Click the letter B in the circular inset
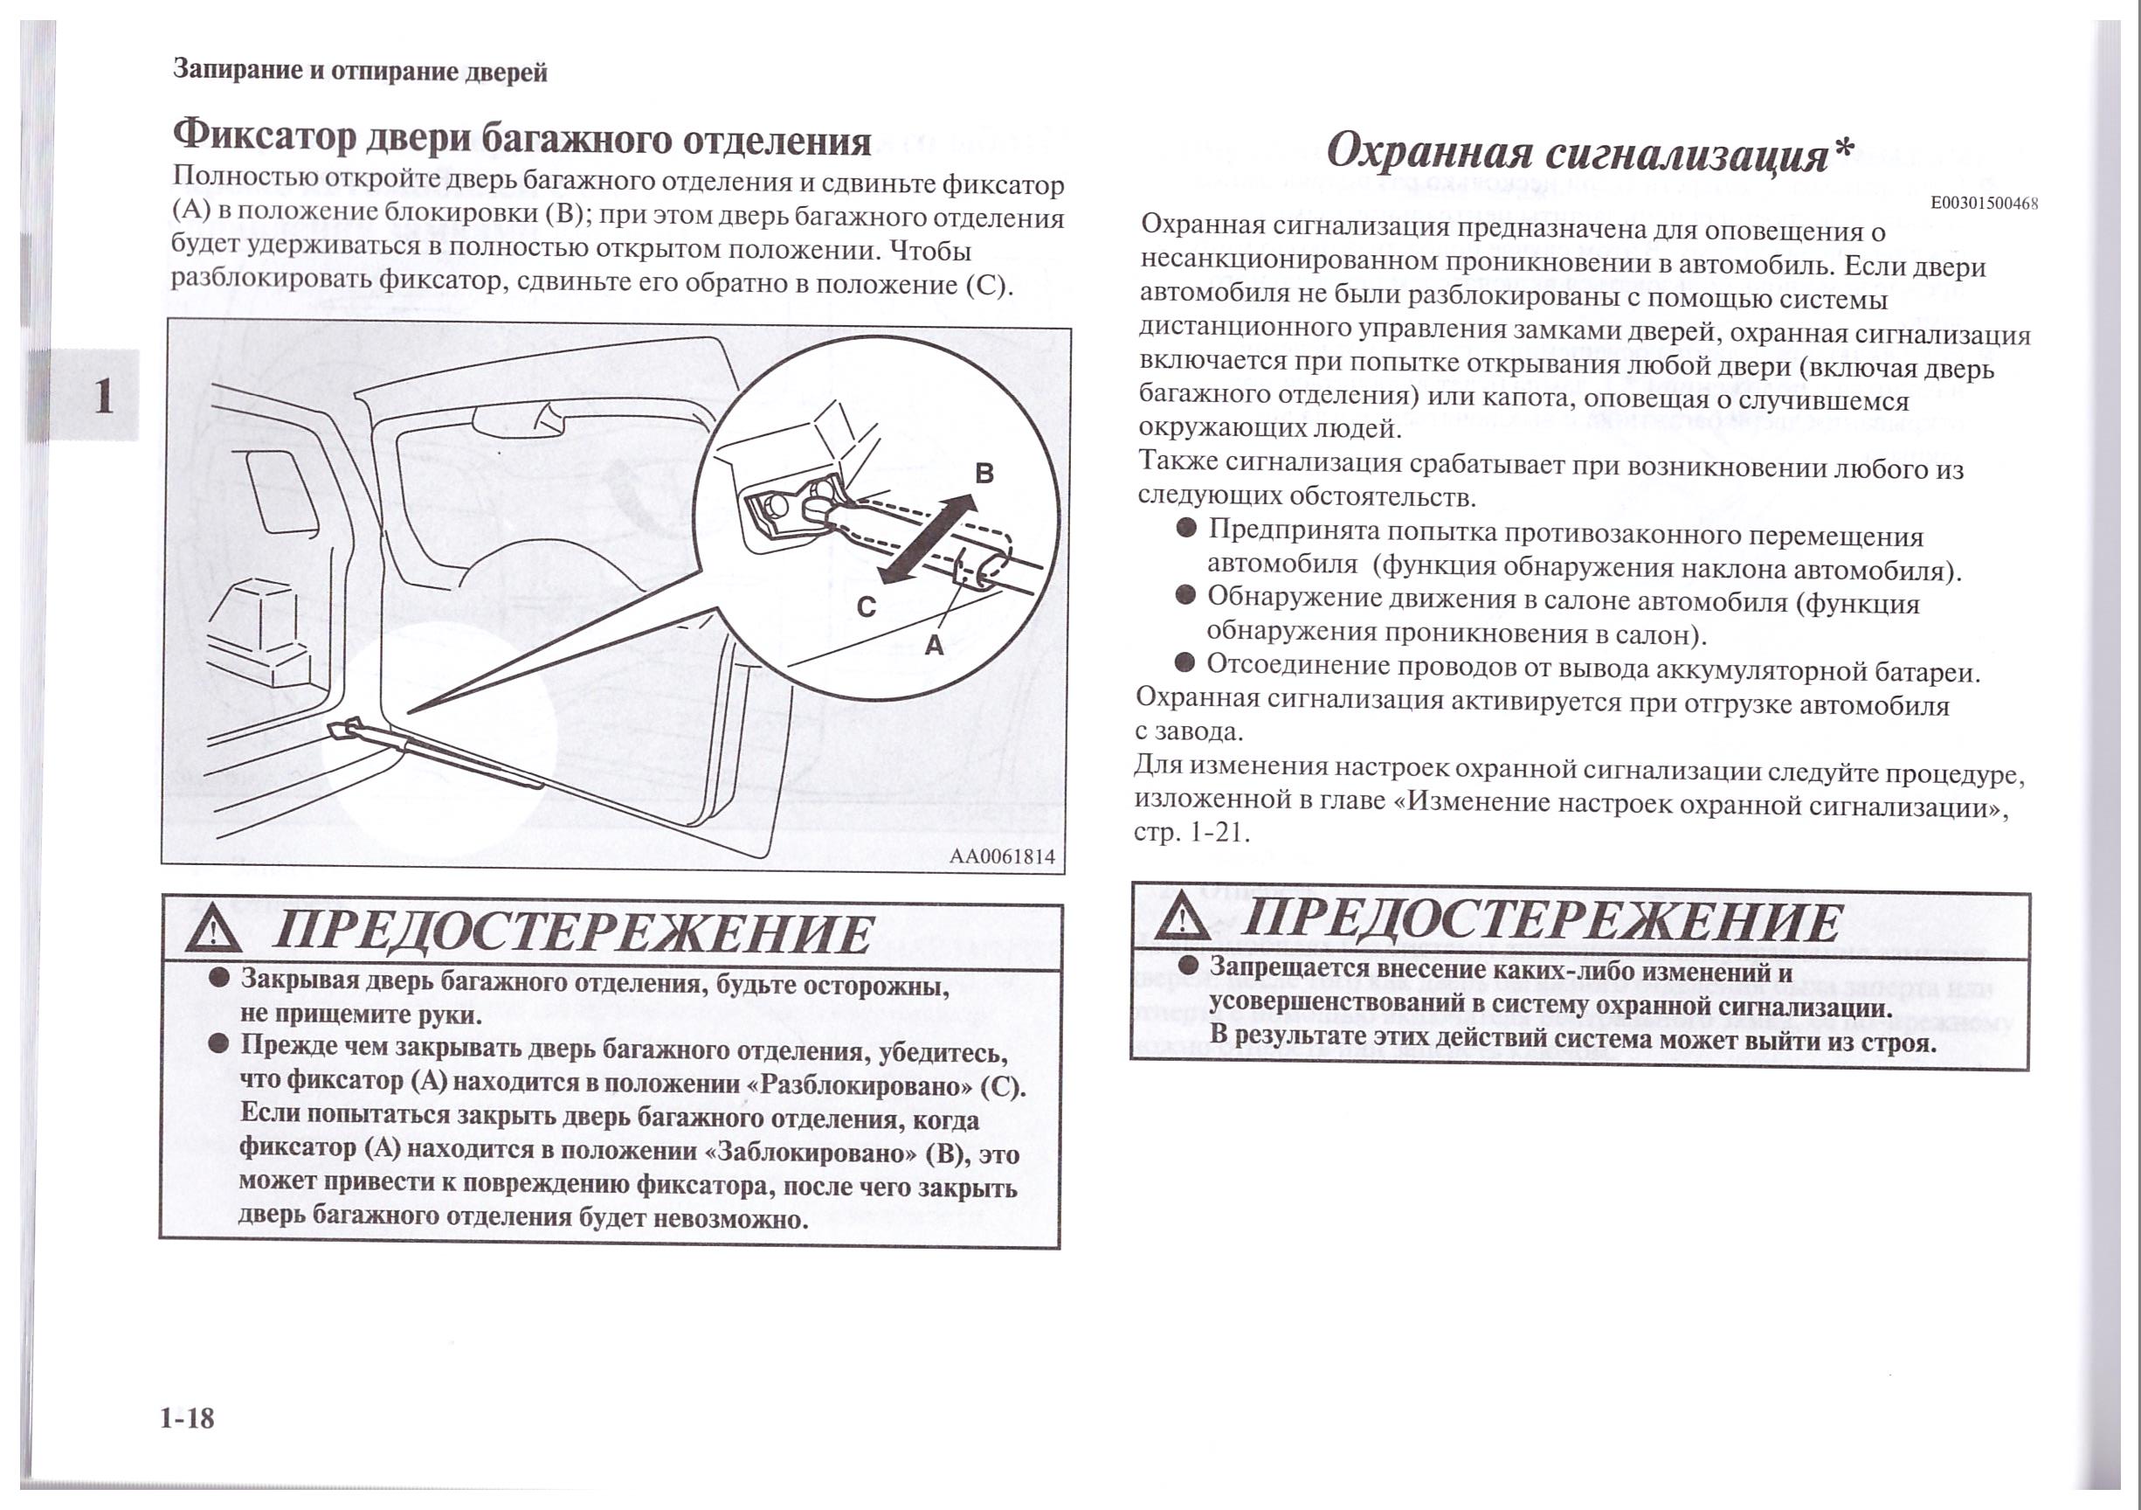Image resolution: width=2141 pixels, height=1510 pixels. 984,473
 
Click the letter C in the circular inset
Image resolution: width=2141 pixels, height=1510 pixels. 867,607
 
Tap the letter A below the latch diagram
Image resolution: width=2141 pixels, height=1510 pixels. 934,645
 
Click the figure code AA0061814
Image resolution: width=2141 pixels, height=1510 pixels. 1002,857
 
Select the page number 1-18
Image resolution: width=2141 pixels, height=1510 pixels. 187,1418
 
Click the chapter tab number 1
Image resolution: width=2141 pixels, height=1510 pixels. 103,396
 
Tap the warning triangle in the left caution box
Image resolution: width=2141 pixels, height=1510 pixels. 213,931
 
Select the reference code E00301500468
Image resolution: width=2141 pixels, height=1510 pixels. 1984,204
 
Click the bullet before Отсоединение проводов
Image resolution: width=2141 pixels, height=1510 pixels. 1184,663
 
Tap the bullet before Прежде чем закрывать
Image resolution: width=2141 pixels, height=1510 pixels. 219,1042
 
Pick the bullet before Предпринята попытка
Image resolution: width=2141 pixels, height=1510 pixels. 1186,529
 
